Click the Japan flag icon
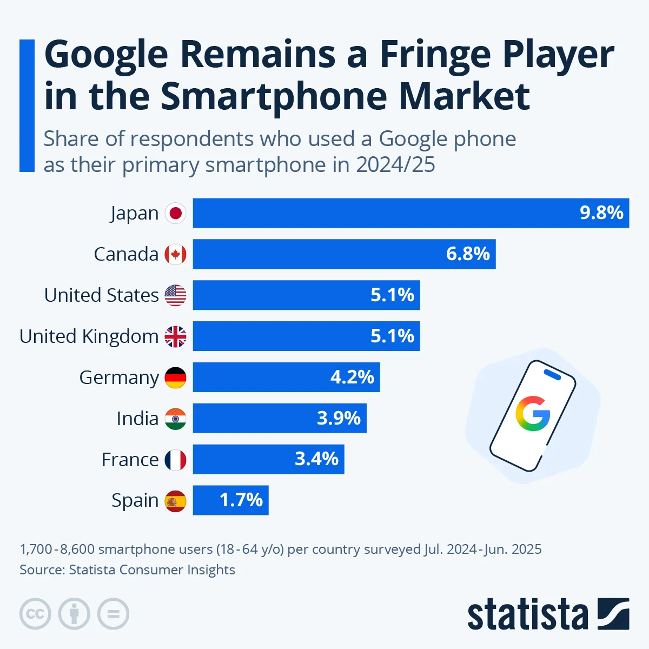pos(175,213)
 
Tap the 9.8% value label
pos(601,213)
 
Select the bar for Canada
pos(344,254)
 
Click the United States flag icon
pos(175,295)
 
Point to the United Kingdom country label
pos(89,336)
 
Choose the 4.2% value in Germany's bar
pos(352,378)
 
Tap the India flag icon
pos(175,419)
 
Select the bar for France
pos(268,460)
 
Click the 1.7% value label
pos(241,500)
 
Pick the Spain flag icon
pos(175,501)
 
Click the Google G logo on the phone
pos(533,414)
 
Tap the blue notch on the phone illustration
pos(552,375)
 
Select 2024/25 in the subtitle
pos(395,165)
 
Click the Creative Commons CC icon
pos(35,614)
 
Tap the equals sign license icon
pos(113,614)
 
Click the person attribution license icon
pos(74,614)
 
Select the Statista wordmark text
pos(527,615)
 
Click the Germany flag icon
pos(175,378)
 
